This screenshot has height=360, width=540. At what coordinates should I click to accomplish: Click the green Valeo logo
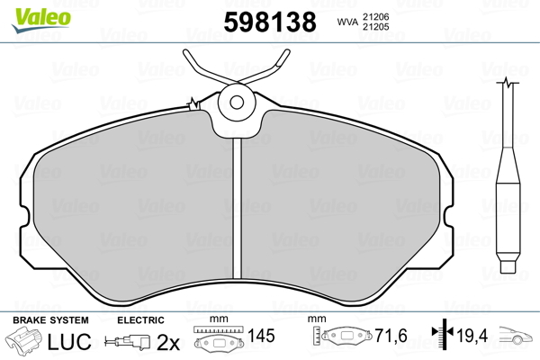41,19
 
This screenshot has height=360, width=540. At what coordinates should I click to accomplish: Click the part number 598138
270,22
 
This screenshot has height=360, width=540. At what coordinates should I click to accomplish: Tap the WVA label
347,22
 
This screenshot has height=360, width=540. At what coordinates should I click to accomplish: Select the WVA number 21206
375,17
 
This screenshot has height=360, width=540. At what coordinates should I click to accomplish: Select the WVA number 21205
375,27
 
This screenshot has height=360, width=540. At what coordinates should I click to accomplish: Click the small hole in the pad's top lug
237,102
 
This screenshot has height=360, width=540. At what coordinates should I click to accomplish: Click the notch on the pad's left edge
25,216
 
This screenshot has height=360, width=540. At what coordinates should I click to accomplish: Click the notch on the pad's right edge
448,217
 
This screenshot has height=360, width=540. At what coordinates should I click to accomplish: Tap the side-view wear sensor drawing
508,175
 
